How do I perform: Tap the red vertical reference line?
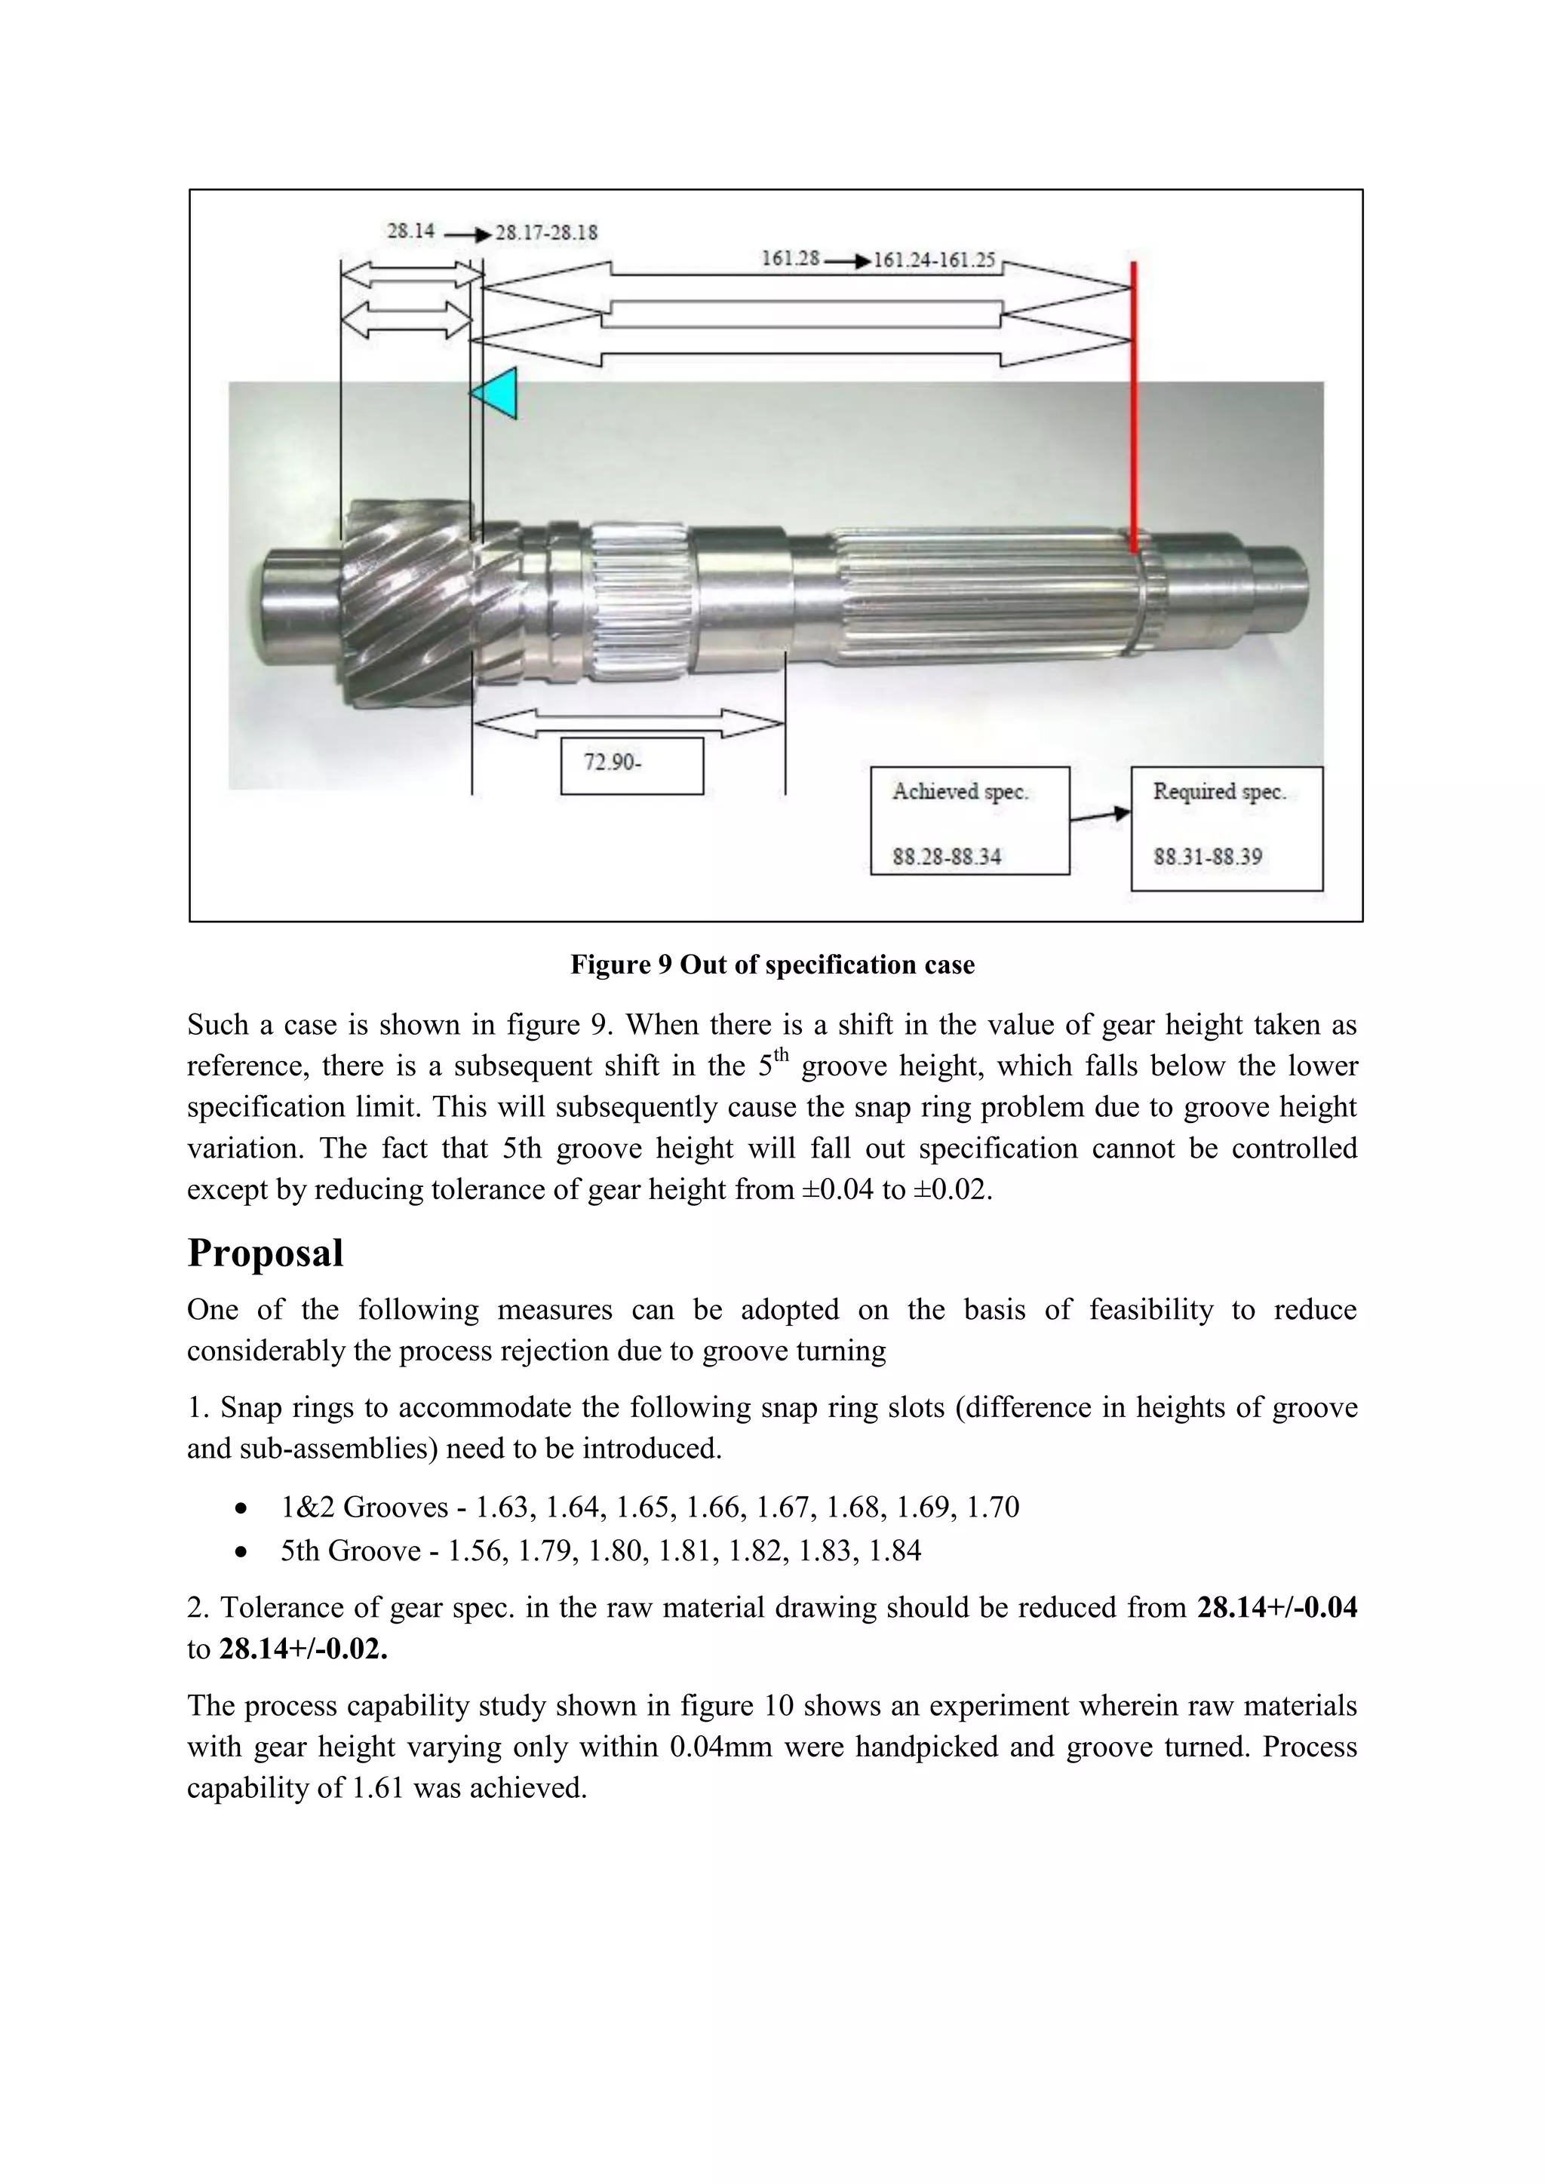tap(1132, 409)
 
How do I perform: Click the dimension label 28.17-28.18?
tap(546, 233)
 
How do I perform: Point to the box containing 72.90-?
tap(631, 765)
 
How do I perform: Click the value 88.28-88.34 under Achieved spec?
tap(947, 857)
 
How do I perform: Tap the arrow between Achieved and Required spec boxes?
tap(1100, 816)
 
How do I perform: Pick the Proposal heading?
tap(266, 1253)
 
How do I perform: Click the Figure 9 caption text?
tap(772, 965)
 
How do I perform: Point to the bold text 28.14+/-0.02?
tap(303, 1649)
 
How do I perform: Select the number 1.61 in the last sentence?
tap(378, 1787)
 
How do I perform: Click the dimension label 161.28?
tap(790, 259)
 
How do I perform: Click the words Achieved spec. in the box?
tap(960, 791)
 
